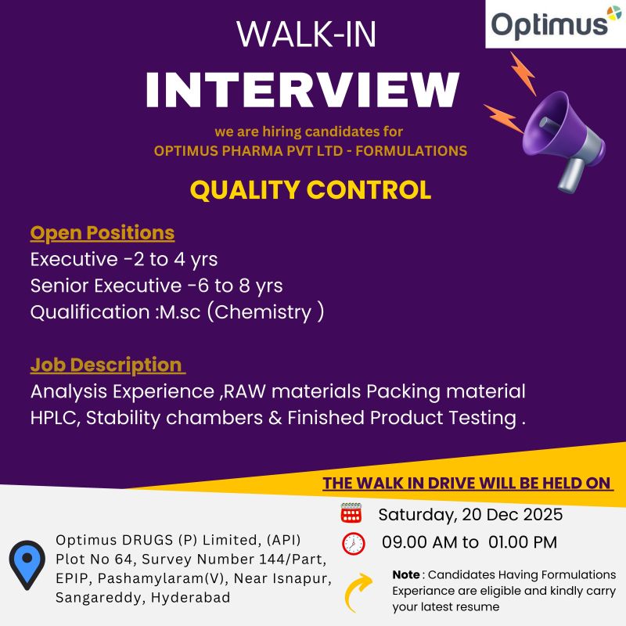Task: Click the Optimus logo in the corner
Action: coord(556,24)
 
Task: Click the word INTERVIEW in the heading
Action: coord(303,90)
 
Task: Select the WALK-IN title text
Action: coord(306,34)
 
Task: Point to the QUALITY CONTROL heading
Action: coord(311,189)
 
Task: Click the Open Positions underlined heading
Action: coord(103,232)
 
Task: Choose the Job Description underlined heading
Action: coord(108,365)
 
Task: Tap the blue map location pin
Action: coord(27,565)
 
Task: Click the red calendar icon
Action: coord(351,513)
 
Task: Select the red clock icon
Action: coord(354,543)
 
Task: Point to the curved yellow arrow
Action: coord(358,592)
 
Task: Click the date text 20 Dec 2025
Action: coord(513,515)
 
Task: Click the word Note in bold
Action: coord(405,575)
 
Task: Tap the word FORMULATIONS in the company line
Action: coord(412,151)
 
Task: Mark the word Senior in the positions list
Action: coord(59,286)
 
